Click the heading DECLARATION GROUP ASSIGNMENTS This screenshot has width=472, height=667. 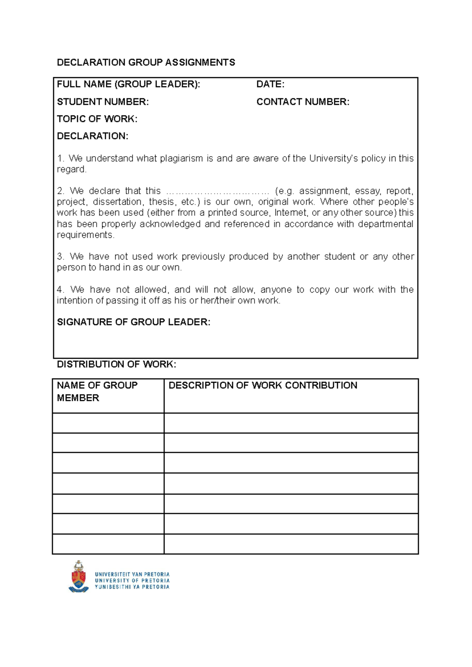[146, 62]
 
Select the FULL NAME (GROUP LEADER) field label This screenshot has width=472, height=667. [128, 84]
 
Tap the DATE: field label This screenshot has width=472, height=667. [270, 84]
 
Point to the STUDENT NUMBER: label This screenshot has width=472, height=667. [103, 102]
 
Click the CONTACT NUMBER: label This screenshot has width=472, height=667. [302, 102]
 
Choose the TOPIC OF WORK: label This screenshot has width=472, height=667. [97, 119]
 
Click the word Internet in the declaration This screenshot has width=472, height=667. [291, 213]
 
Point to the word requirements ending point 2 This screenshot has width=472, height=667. [85, 235]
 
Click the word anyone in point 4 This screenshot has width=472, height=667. [276, 290]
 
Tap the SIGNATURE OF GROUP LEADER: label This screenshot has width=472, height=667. [133, 322]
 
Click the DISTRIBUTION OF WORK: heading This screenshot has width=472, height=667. [116, 364]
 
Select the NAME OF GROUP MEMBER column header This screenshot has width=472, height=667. [97, 391]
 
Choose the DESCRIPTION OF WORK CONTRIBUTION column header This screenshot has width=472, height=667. [263, 385]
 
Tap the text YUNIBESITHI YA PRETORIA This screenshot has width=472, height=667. [132, 587]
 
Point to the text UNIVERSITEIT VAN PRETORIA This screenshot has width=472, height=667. [132, 574]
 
